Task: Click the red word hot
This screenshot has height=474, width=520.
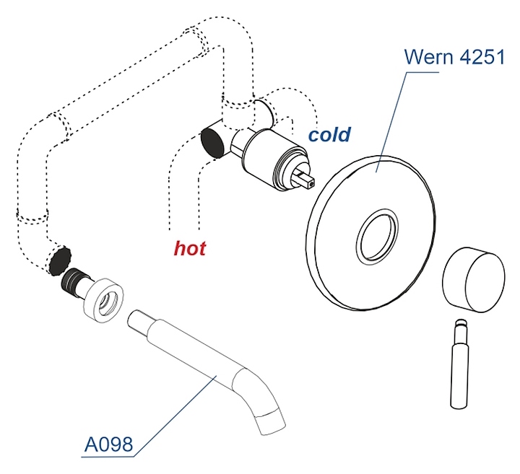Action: [x=190, y=249]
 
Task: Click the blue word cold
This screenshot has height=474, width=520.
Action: [x=329, y=134]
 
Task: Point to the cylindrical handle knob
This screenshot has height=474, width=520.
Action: [x=470, y=279]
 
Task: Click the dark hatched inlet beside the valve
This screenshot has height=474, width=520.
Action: [x=213, y=141]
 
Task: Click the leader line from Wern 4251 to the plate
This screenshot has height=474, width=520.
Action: [x=390, y=115]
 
